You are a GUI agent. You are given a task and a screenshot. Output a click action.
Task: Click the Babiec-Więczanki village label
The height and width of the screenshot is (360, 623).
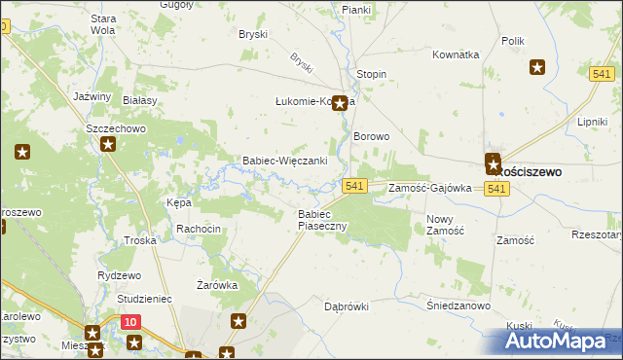point(283,161)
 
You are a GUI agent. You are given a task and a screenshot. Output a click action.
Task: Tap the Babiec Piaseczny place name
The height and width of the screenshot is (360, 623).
point(322,219)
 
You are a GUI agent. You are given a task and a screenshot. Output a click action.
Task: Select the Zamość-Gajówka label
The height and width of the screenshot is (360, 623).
point(429,188)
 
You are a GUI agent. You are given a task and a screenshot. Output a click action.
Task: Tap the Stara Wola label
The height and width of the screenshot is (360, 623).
point(102,23)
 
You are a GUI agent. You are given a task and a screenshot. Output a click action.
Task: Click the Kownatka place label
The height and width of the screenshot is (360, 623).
point(457,54)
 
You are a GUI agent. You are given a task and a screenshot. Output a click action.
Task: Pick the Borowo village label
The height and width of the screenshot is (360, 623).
point(371,137)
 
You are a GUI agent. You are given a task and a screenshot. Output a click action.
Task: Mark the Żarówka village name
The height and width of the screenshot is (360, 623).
point(217,285)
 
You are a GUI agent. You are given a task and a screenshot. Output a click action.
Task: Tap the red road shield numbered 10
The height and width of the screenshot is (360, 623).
point(131,321)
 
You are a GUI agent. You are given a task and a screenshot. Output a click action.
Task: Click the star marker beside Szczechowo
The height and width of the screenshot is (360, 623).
point(108,144)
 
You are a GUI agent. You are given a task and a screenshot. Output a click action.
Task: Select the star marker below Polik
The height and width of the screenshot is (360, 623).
point(537,67)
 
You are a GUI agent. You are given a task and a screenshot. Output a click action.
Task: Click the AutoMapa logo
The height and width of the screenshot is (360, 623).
point(561,341)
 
